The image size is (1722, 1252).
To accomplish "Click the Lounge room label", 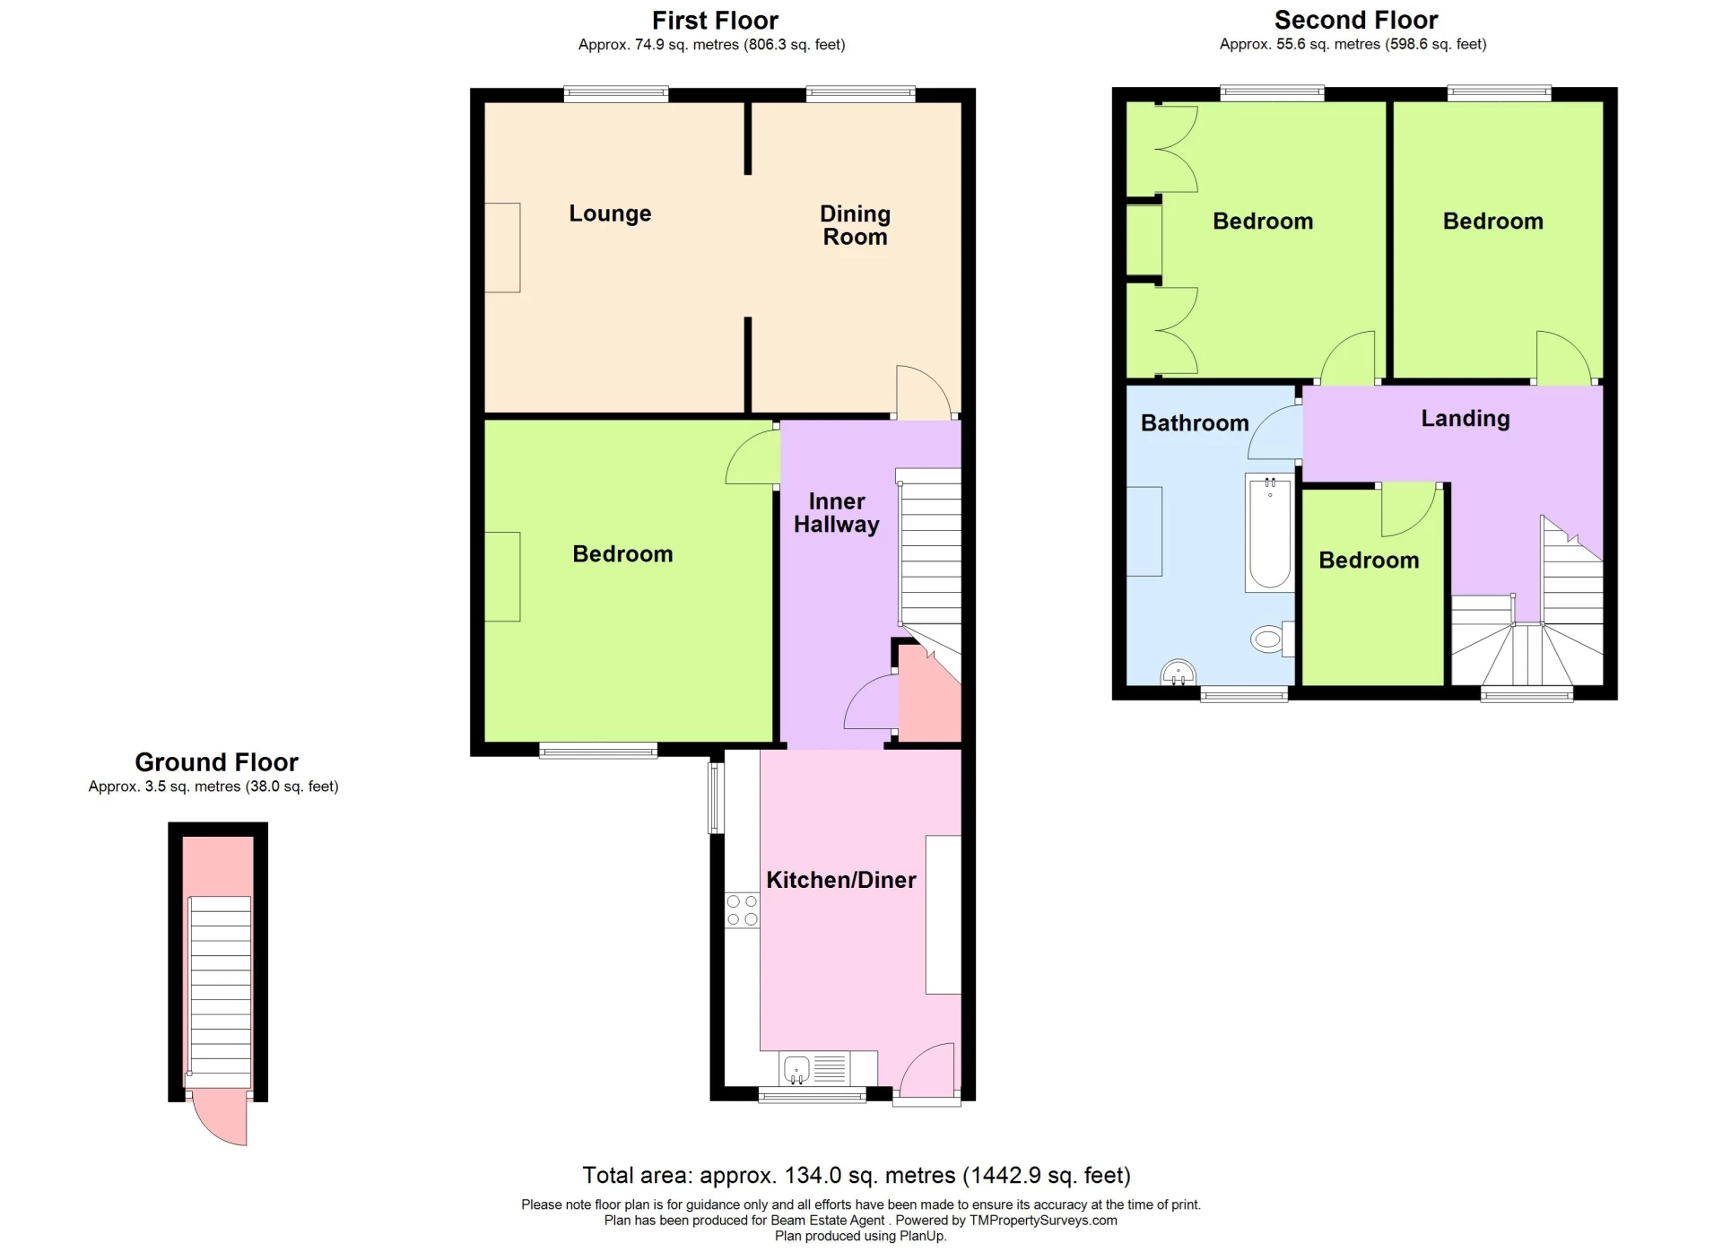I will [x=610, y=213].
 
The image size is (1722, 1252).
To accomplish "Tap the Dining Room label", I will [x=855, y=225].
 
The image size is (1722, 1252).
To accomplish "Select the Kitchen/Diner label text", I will [x=840, y=880].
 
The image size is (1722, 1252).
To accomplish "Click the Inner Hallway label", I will [x=836, y=513].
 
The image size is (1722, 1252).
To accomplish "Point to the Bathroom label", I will [x=1194, y=422].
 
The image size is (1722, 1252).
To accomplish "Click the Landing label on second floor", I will [x=1465, y=418].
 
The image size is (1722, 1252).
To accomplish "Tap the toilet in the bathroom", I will [x=1268, y=639].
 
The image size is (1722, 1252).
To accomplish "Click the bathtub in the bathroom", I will [x=1269, y=533].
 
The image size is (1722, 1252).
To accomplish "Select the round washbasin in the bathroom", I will [x=1178, y=672].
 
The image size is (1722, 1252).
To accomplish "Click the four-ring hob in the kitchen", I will [x=742, y=909].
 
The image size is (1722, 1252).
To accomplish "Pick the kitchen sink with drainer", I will [x=814, y=1068].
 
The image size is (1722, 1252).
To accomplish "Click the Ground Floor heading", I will [x=216, y=762].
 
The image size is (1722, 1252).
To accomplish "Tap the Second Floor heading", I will [x=1355, y=20].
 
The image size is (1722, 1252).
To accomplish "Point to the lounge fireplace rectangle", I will [x=502, y=247].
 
